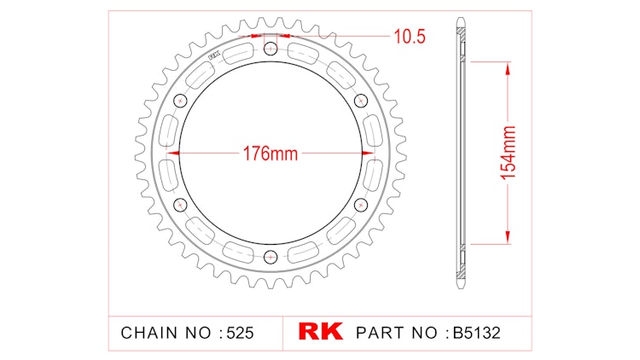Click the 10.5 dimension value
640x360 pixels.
point(410,36)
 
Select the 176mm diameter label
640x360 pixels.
point(270,154)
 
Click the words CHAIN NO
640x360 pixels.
point(168,332)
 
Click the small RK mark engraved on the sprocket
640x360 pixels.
point(213,59)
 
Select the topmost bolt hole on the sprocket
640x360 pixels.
point(271,49)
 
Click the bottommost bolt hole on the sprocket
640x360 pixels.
point(271,257)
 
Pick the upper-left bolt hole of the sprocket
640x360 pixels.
point(180,102)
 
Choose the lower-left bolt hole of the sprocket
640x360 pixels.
point(180,205)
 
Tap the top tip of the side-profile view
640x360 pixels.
point(461,17)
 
